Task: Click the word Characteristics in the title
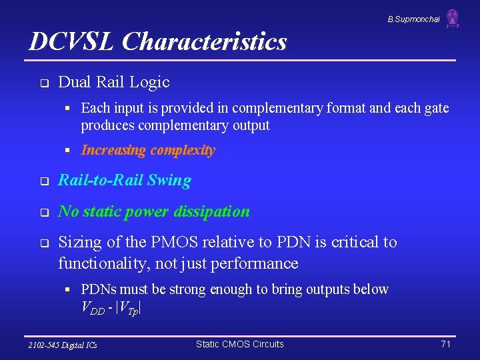pyautogui.click(x=205, y=41)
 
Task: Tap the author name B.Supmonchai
pyautogui.click(x=413, y=19)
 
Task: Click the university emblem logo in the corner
pyautogui.click(x=453, y=18)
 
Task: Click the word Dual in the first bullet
pyautogui.click(x=75, y=82)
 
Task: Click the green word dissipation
pyautogui.click(x=213, y=212)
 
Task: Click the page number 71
pyautogui.click(x=446, y=344)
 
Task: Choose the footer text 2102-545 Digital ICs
pyautogui.click(x=63, y=345)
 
